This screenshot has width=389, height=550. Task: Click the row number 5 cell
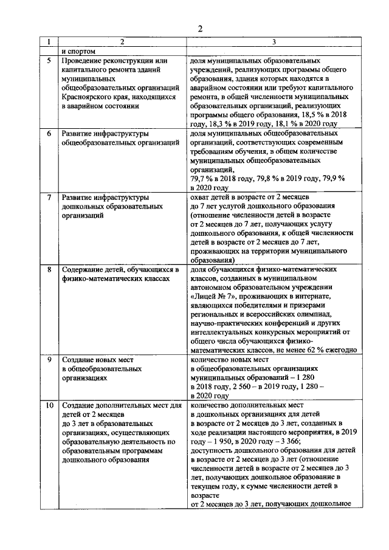[49, 61]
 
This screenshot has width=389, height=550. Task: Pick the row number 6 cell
[49, 132]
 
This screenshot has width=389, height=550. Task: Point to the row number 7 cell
[49, 198]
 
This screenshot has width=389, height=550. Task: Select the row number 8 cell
[49, 269]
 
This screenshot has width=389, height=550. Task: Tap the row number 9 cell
[49, 360]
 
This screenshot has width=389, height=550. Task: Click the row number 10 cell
[49, 405]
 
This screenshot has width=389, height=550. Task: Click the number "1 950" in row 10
[223, 441]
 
